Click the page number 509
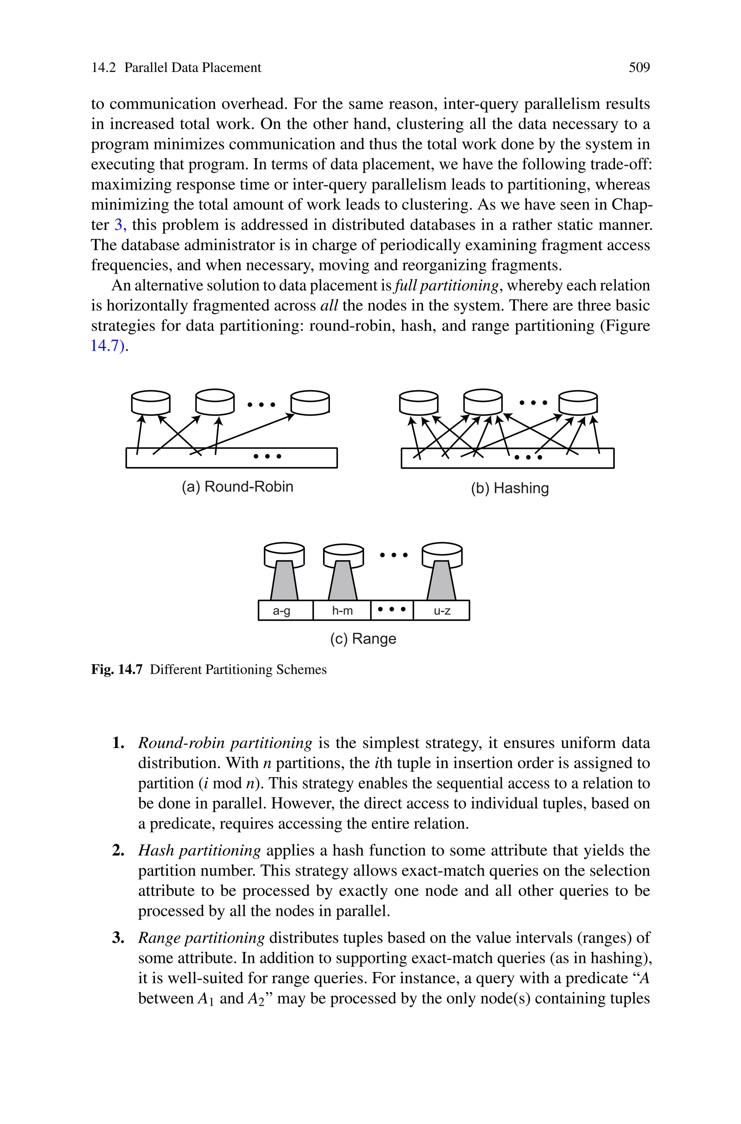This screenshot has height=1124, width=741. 639,68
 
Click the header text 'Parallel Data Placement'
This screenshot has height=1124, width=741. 192,68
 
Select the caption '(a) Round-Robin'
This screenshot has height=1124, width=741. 237,487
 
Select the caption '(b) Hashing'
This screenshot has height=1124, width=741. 509,488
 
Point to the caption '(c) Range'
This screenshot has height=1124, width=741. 363,639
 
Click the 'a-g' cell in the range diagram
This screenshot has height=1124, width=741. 281,611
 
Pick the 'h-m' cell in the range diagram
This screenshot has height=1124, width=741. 342,611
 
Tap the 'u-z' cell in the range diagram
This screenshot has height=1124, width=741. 442,611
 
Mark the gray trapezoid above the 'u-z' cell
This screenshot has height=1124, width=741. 441,581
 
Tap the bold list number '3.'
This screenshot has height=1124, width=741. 118,938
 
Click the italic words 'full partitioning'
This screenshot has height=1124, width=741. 446,286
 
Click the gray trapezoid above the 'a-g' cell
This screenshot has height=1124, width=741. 284,581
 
